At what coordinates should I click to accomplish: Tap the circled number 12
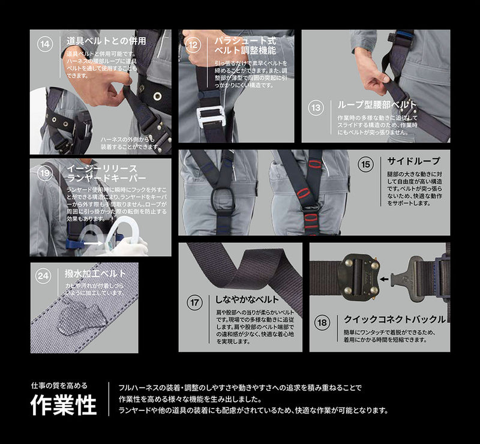[193, 44]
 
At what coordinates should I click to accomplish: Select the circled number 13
[316, 109]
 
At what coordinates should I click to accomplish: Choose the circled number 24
[44, 276]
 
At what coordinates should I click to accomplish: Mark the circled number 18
[322, 323]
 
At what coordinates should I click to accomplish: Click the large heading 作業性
[64, 406]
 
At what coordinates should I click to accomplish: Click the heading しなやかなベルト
[244, 299]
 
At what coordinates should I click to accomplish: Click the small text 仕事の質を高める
[59, 386]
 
